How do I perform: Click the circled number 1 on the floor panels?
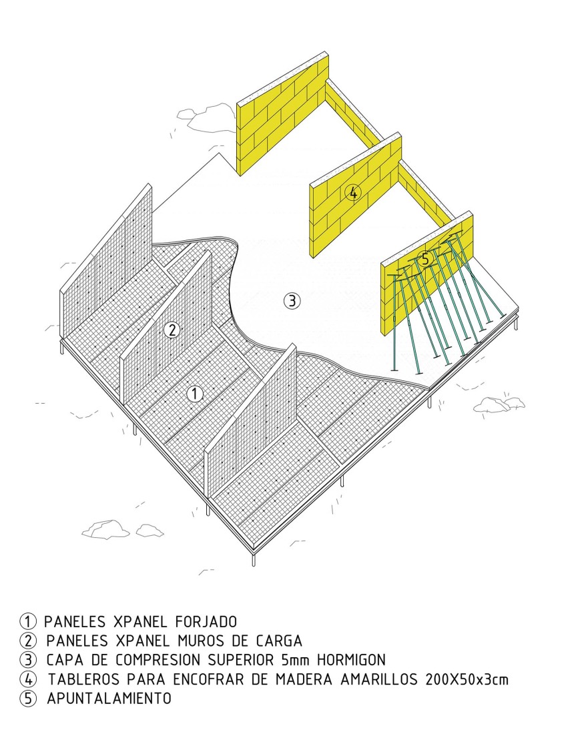coord(195,394)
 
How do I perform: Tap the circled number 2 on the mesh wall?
coord(172,330)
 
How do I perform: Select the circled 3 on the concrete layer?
coord(292,300)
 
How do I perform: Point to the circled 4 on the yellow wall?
coord(353,192)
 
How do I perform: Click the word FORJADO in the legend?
coord(206,622)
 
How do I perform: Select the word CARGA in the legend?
coord(279,641)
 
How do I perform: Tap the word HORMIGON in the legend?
coord(351,660)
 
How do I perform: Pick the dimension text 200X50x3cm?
coord(467,679)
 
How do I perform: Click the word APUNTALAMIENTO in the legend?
coord(109,699)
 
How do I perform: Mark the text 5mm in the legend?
coord(296,660)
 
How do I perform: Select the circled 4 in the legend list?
coord(28,679)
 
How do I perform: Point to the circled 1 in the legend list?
coord(28,622)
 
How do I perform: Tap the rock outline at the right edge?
coord(499,404)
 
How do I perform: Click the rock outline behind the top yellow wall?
coord(206,117)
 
